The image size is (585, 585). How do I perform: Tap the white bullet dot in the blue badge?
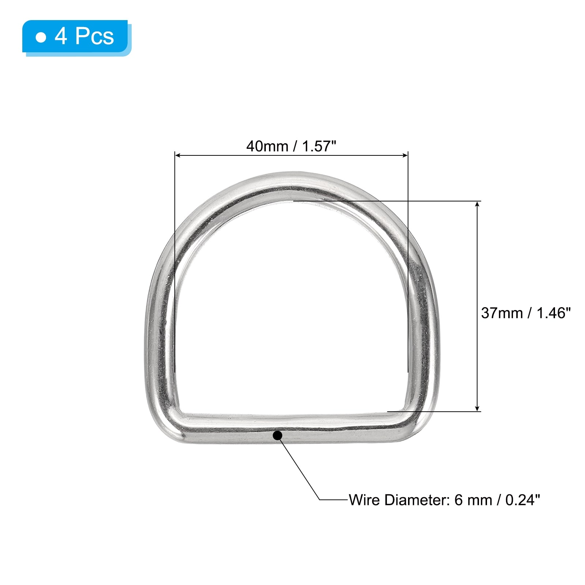pyautogui.click(x=41, y=37)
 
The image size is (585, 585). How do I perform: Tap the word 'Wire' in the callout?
pyautogui.click(x=364, y=500)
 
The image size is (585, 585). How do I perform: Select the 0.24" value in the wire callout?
pyautogui.click(x=522, y=500)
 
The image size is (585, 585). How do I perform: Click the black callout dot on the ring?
pyautogui.click(x=278, y=435)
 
